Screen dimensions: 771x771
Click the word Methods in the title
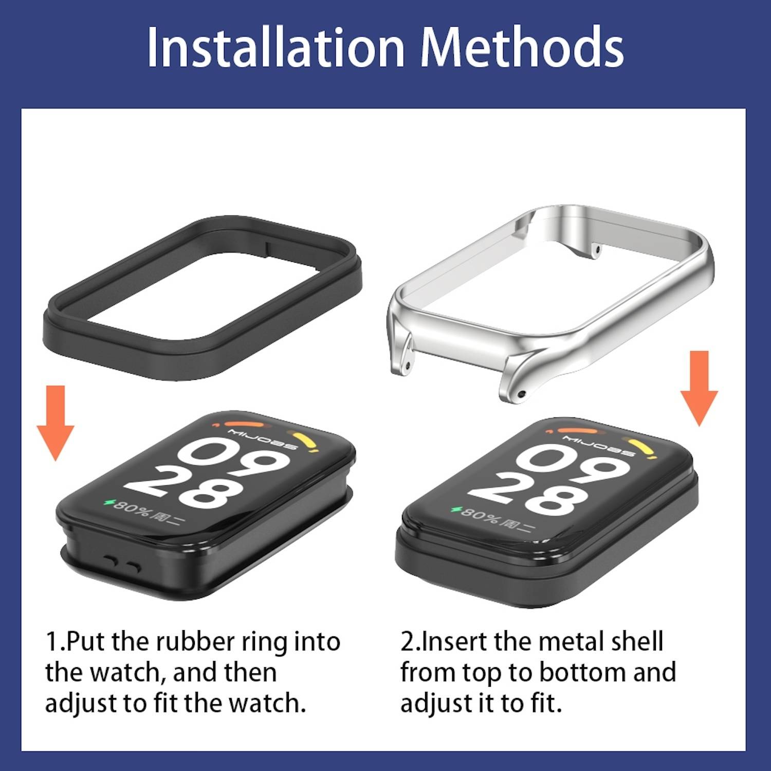click(x=522, y=47)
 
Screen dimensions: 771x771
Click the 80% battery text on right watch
click(x=478, y=514)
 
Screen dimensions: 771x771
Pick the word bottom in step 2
click(x=583, y=672)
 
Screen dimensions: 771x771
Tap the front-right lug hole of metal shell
click(x=522, y=394)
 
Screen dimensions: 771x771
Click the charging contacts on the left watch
click(x=121, y=564)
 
